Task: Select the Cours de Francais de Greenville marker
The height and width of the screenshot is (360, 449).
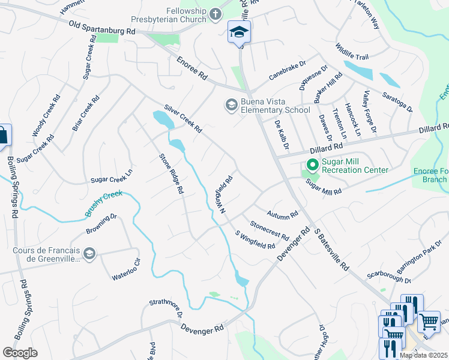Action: pyautogui.click(x=89, y=254)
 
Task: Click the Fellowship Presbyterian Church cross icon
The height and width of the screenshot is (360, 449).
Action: pyautogui.click(x=215, y=13)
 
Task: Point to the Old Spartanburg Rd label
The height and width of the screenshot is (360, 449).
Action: pyautogui.click(x=103, y=28)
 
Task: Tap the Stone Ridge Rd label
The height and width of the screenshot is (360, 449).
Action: pyautogui.click(x=170, y=174)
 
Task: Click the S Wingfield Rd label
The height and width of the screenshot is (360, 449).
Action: pyautogui.click(x=255, y=241)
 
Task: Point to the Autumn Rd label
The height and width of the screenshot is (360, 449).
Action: pyautogui.click(x=283, y=214)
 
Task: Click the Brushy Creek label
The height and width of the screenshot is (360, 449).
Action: pyautogui.click(x=103, y=203)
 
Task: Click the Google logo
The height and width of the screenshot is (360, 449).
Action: pyautogui.click(x=20, y=353)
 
